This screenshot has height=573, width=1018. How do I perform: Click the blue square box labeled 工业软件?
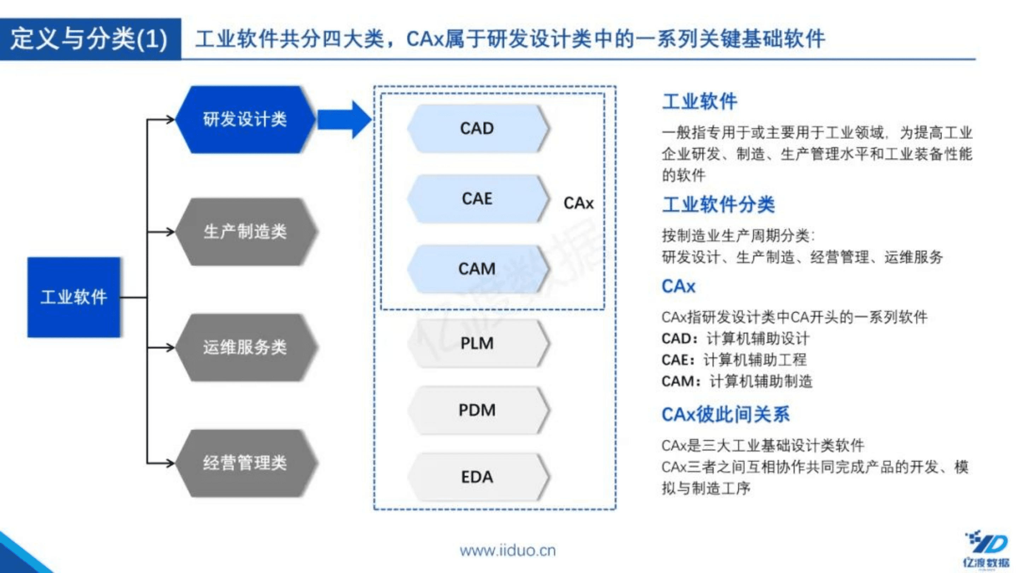click(x=74, y=297)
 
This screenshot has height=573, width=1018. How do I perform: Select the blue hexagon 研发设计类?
click(x=245, y=119)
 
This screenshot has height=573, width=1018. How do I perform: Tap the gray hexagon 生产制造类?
click(x=245, y=232)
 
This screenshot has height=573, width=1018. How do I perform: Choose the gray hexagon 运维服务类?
click(x=245, y=347)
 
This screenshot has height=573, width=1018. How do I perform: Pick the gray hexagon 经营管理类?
click(x=245, y=463)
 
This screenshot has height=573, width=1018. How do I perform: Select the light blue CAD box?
click(x=477, y=128)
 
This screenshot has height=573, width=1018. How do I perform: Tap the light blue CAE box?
click(x=477, y=199)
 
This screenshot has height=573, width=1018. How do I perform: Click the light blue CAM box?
click(x=477, y=269)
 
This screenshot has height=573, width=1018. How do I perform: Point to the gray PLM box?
click(x=477, y=343)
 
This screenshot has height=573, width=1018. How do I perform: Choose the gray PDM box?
click(x=477, y=410)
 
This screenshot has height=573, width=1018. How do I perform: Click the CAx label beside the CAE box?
click(x=578, y=203)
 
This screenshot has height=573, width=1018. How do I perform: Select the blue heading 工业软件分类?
click(x=718, y=205)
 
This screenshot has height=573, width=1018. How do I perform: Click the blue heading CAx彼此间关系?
click(x=725, y=415)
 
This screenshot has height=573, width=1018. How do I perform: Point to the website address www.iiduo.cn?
click(x=507, y=550)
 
